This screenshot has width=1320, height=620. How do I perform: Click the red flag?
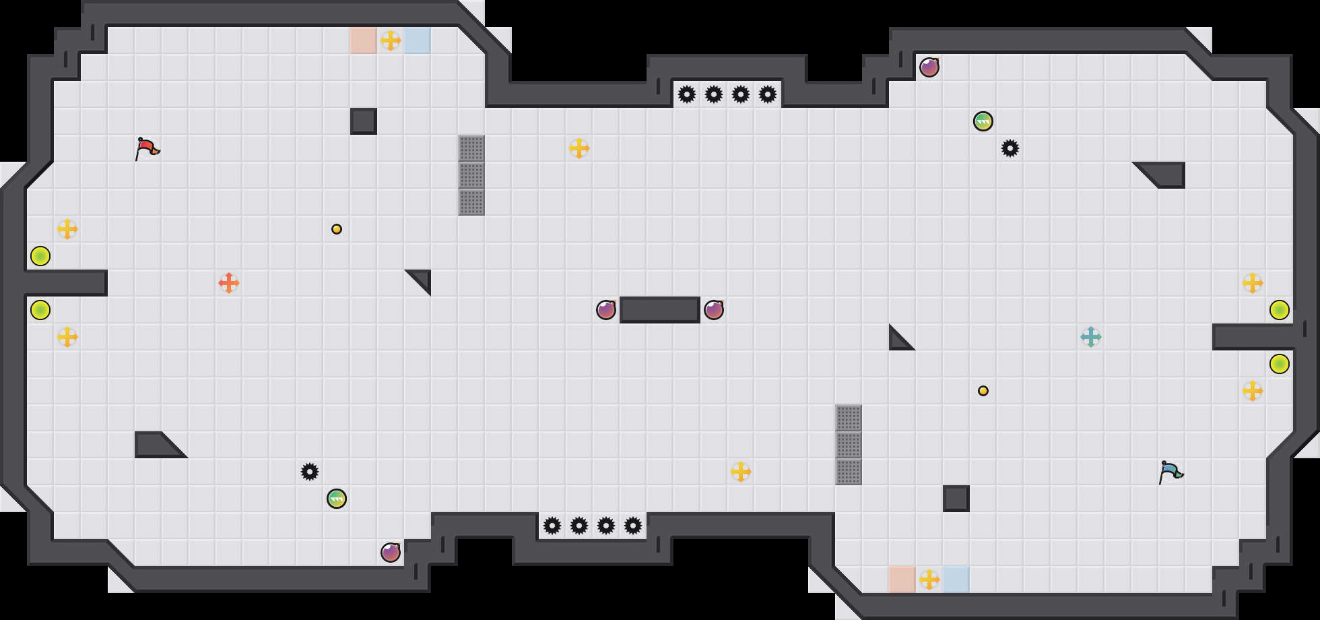[x=147, y=148]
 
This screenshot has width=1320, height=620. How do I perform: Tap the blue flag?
[x=1170, y=472]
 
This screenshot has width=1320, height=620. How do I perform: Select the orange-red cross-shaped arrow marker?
[x=229, y=283]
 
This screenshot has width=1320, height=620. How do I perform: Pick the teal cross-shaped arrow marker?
[x=1091, y=337]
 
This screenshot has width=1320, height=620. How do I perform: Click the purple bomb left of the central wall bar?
[x=606, y=310]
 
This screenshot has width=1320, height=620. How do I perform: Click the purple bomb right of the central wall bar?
[x=714, y=310]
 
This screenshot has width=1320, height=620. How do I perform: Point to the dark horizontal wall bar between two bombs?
[x=660, y=310]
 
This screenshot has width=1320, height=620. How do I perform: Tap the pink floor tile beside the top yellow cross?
[x=364, y=40]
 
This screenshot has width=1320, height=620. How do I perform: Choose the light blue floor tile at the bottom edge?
[x=956, y=580]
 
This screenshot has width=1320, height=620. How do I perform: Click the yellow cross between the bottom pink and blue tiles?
[x=929, y=580]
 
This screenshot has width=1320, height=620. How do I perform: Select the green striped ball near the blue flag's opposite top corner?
[x=983, y=121]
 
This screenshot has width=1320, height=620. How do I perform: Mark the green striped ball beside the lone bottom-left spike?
[x=337, y=499]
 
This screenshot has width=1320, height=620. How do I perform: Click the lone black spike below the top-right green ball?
[x=1010, y=148]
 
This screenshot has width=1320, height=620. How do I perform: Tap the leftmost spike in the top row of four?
[x=687, y=94]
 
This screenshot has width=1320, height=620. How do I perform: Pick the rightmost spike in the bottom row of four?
[x=633, y=526]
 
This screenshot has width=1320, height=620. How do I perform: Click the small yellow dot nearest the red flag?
[x=337, y=229]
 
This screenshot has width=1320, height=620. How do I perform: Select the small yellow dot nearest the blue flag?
[x=983, y=391]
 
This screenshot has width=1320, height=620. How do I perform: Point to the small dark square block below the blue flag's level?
[x=956, y=499]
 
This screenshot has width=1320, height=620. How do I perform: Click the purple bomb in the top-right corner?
[x=929, y=67]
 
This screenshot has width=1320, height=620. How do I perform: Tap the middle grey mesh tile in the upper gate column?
[x=471, y=175]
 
